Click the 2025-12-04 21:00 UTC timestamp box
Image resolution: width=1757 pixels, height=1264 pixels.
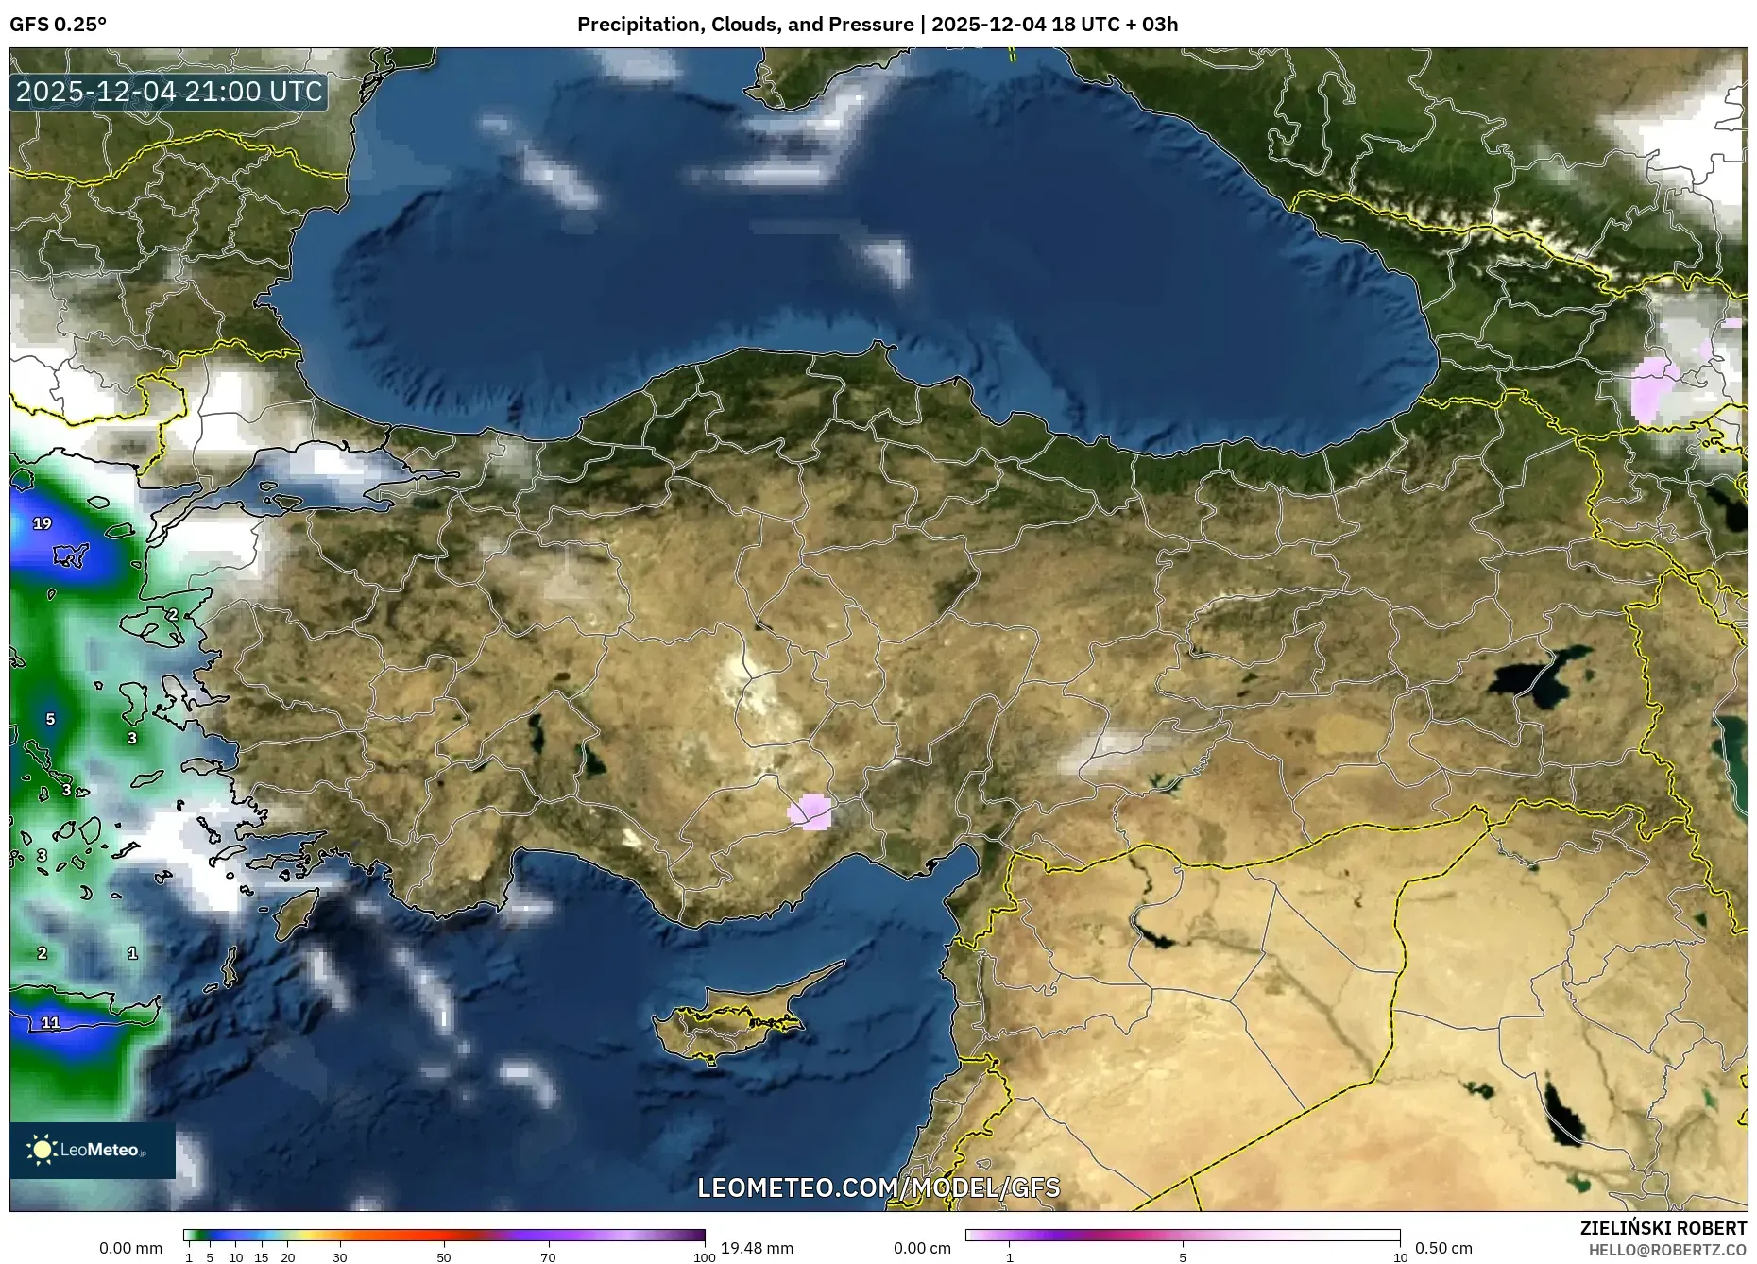tap(169, 92)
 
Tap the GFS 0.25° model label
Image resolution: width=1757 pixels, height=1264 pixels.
tap(58, 25)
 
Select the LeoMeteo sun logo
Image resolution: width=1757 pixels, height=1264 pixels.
tap(42, 1149)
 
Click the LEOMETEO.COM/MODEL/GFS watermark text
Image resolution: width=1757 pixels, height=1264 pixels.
tap(878, 1187)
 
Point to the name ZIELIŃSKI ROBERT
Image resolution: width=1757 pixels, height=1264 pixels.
tap(1663, 1228)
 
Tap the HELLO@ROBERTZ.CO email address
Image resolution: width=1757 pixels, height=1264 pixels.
tap(1666, 1250)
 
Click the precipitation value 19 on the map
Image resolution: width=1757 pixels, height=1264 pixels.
tap(43, 523)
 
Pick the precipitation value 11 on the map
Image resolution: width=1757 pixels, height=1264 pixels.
tap(51, 1022)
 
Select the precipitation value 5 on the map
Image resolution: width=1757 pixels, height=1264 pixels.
tap(51, 719)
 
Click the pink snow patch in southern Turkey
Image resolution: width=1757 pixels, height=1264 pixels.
tap(810, 811)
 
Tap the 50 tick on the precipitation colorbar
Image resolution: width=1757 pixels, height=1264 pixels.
tap(444, 1256)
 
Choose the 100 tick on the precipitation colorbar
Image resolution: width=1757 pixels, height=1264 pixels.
tap(704, 1256)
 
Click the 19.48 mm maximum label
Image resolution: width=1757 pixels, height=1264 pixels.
tap(757, 1248)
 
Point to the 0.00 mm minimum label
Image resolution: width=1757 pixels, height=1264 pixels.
tap(130, 1248)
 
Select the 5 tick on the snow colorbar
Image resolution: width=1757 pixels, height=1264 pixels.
tap(1183, 1256)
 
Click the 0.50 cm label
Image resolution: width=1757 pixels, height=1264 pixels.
tap(1443, 1248)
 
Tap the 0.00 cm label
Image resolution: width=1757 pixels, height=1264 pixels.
tap(922, 1248)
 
